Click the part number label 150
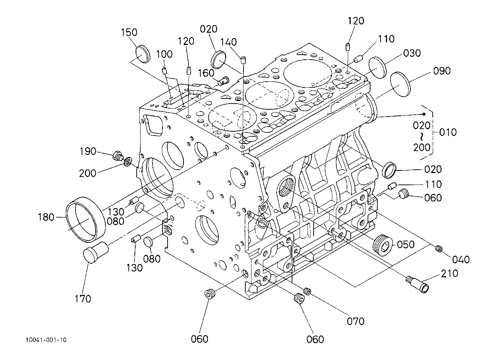coord(129,32)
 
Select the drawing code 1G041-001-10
coord(46,340)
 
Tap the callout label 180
coord(46,217)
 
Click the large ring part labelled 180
coord(86,219)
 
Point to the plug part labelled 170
coord(96,252)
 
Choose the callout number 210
coord(450,274)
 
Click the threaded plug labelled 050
coord(383,245)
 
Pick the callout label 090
coord(442,71)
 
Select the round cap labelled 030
coord(378,68)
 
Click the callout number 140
coord(228,42)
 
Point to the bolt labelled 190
coord(118,156)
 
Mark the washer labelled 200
coord(128,162)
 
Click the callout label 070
coord(356,321)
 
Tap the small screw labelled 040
coord(438,249)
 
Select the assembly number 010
coord(448,132)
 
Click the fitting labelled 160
coord(224,81)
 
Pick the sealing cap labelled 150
coord(142,54)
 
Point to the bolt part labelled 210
coord(417,284)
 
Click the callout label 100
coord(164,54)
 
